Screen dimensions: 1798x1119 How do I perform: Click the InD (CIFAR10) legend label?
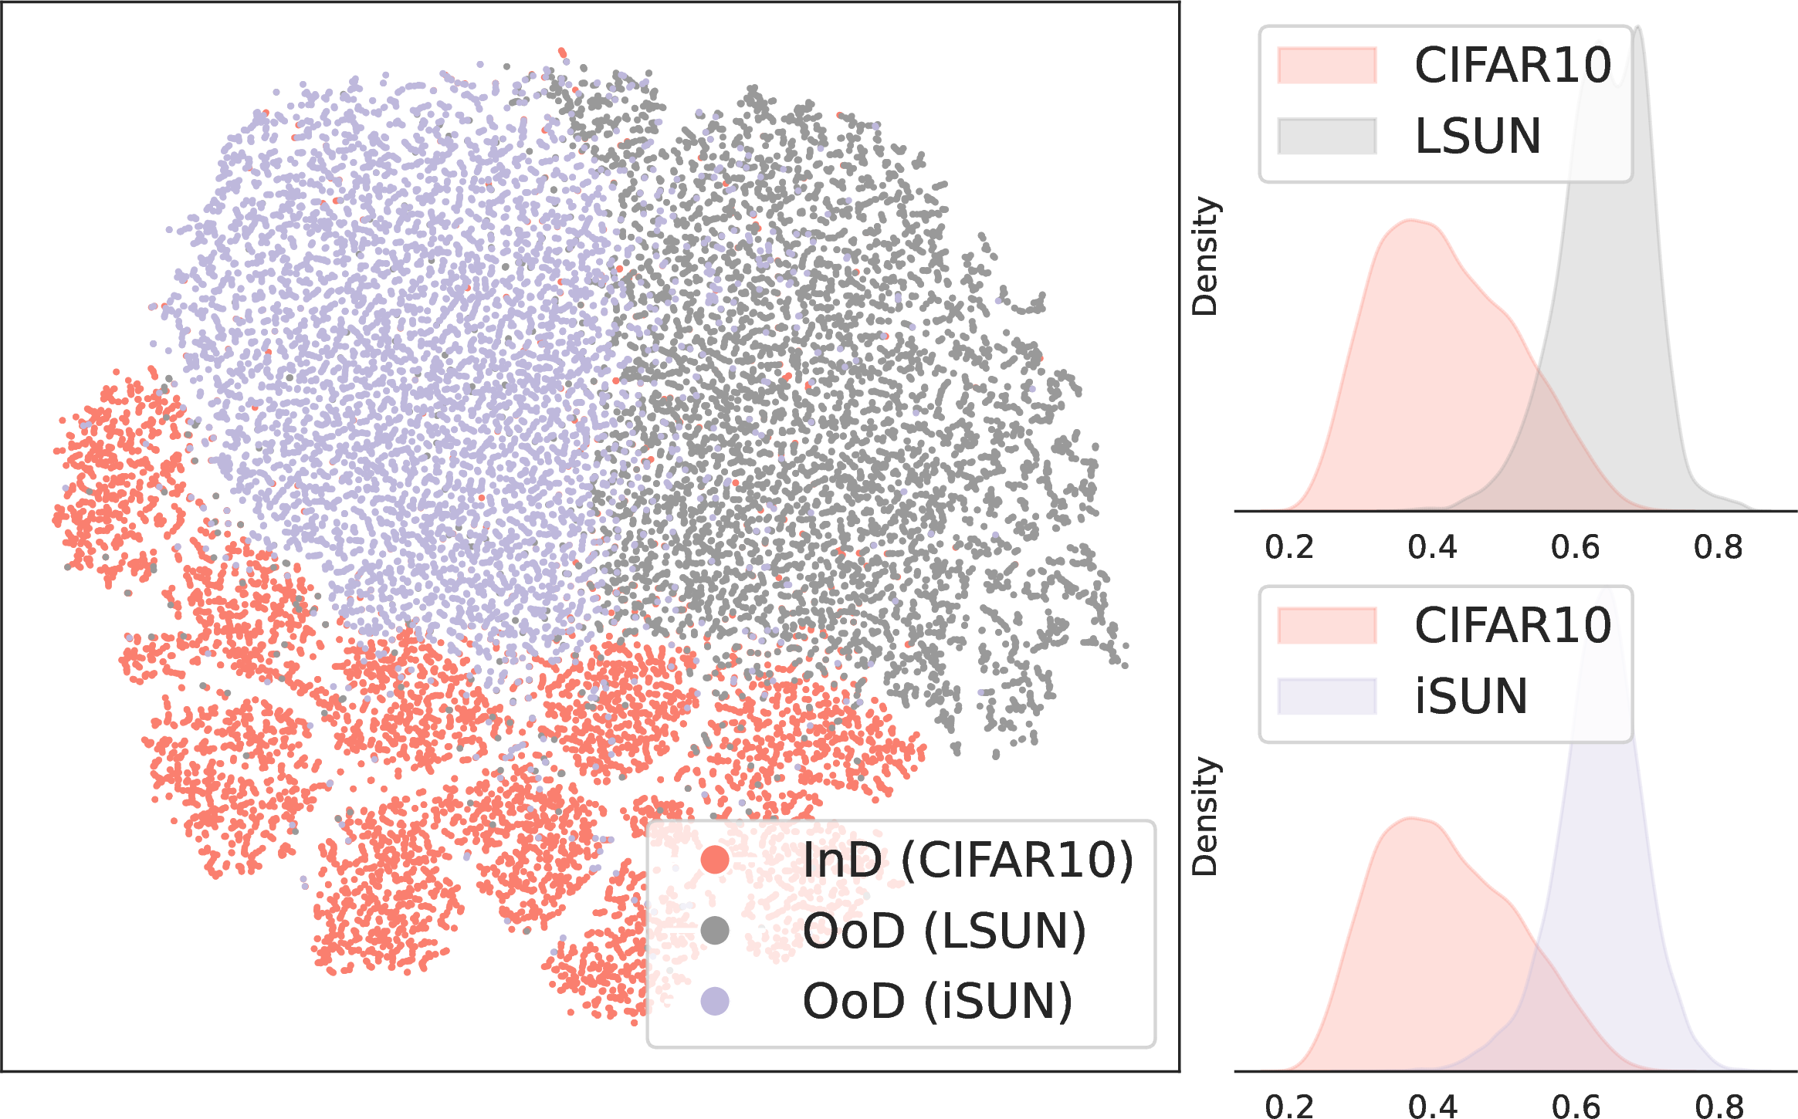[968, 860]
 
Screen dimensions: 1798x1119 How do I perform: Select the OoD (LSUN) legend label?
[944, 931]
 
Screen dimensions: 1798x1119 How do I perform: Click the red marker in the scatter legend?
[715, 860]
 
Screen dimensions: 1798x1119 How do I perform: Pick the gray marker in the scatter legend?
[715, 931]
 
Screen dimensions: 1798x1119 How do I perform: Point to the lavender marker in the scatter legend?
[715, 1002]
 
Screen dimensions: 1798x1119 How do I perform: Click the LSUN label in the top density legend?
[1478, 137]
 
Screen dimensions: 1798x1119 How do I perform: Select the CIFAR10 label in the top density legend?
[1513, 65]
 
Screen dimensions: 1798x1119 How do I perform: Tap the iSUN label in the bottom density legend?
[1471, 696]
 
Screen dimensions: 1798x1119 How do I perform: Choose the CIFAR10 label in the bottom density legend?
[1513, 625]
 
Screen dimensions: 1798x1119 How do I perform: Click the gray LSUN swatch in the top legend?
[1327, 137]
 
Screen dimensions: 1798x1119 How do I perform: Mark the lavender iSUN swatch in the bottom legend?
[1327, 696]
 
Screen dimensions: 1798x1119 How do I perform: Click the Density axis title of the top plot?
[1204, 256]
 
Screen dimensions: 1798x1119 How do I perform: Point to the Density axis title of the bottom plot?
[1204, 816]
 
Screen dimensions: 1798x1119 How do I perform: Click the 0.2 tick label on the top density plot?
[1289, 547]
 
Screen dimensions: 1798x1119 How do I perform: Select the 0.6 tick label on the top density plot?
[1576, 547]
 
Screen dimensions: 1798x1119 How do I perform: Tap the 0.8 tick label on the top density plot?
[1718, 547]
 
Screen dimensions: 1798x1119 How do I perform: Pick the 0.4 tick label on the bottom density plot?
[1433, 1107]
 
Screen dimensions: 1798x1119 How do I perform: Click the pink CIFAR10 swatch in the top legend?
[1327, 65]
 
